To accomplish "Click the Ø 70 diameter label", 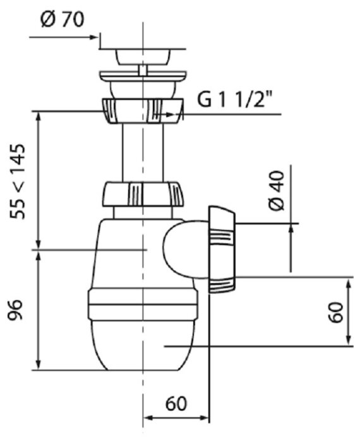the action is pyautogui.click(x=63, y=20).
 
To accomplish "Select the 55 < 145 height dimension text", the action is pyautogui.click(x=18, y=181).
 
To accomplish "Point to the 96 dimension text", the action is pyautogui.click(x=15, y=310).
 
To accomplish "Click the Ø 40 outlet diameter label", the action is pyautogui.click(x=276, y=190).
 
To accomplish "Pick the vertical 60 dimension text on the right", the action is pyautogui.click(x=335, y=312).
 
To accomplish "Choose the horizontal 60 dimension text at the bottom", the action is pyautogui.click(x=176, y=403).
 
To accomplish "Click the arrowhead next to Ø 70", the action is pyautogui.click(x=93, y=37).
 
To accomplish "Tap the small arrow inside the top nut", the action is pyautogui.click(x=168, y=114).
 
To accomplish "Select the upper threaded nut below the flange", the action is pyautogui.click(x=143, y=111).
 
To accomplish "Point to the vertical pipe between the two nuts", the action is pyautogui.click(x=143, y=153).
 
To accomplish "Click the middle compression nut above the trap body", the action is pyautogui.click(x=143, y=195).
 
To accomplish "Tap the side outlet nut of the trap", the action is pyautogui.click(x=221, y=250).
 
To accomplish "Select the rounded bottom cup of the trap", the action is pyautogui.click(x=143, y=345).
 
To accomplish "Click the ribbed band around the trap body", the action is pyautogui.click(x=143, y=305).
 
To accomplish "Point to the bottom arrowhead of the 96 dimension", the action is pyautogui.click(x=39, y=365).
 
